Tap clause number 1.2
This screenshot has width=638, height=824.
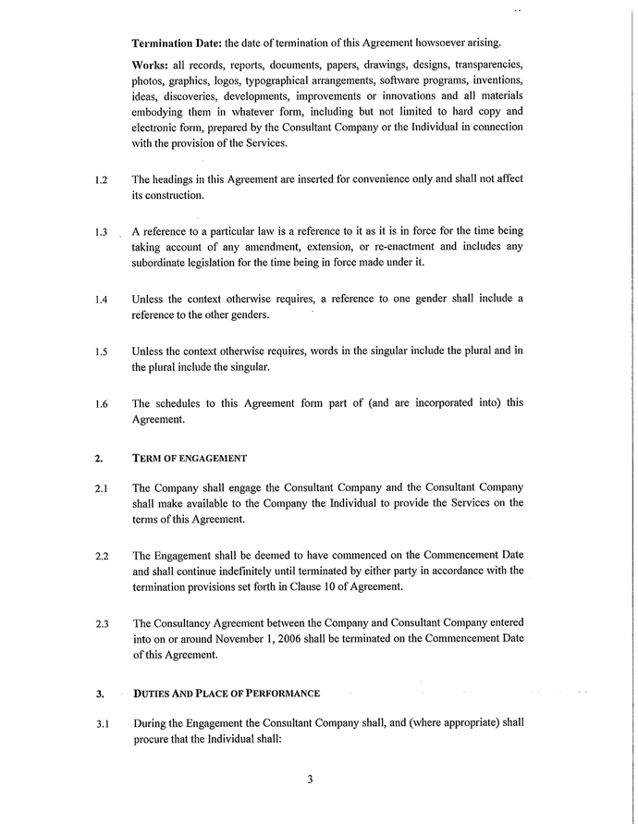[101, 179]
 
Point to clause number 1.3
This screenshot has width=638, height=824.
[101, 232]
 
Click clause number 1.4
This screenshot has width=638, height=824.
[101, 300]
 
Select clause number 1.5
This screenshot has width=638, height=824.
[101, 351]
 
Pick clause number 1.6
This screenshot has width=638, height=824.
[101, 404]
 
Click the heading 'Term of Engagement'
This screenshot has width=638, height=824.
[190, 458]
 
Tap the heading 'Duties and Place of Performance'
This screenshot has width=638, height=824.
[227, 693]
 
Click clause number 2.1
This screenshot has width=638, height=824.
[101, 488]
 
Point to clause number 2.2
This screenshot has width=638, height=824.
[101, 556]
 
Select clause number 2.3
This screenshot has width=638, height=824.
[101, 624]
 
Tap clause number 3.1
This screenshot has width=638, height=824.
[101, 724]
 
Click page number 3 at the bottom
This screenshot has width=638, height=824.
[311, 779]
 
